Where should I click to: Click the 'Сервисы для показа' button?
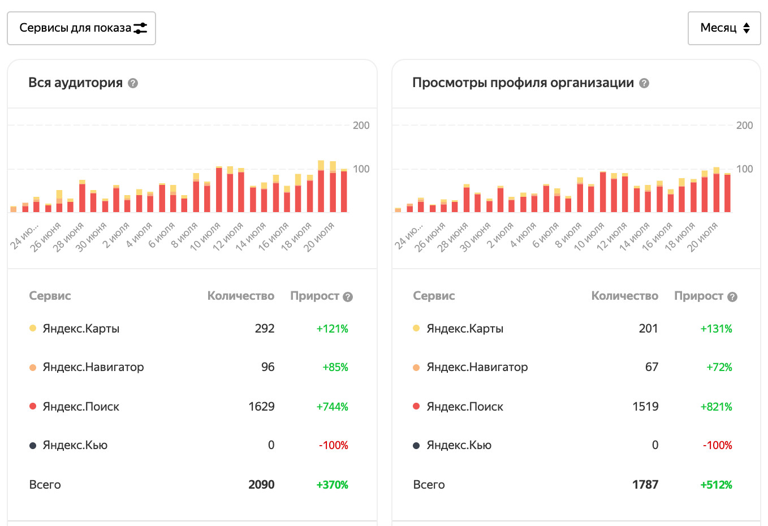81,28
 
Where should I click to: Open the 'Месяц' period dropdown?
724,28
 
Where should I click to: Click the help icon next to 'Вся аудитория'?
133,83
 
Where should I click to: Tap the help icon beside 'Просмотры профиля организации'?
644,83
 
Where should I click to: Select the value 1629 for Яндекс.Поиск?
261,407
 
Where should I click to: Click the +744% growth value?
333,407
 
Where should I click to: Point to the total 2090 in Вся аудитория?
261,485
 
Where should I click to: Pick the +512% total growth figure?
716,485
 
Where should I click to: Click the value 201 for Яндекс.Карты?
648,329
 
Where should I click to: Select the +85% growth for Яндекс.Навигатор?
335,367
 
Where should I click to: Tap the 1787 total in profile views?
645,485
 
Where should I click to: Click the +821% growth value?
716,407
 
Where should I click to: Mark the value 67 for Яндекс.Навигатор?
651,367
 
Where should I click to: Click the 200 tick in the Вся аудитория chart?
361,126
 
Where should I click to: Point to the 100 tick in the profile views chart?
744,169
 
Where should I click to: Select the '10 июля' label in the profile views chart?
590,236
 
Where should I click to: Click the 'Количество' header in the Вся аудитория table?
240,296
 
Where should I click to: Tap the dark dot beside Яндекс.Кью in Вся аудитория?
33,446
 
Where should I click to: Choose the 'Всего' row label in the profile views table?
429,485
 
